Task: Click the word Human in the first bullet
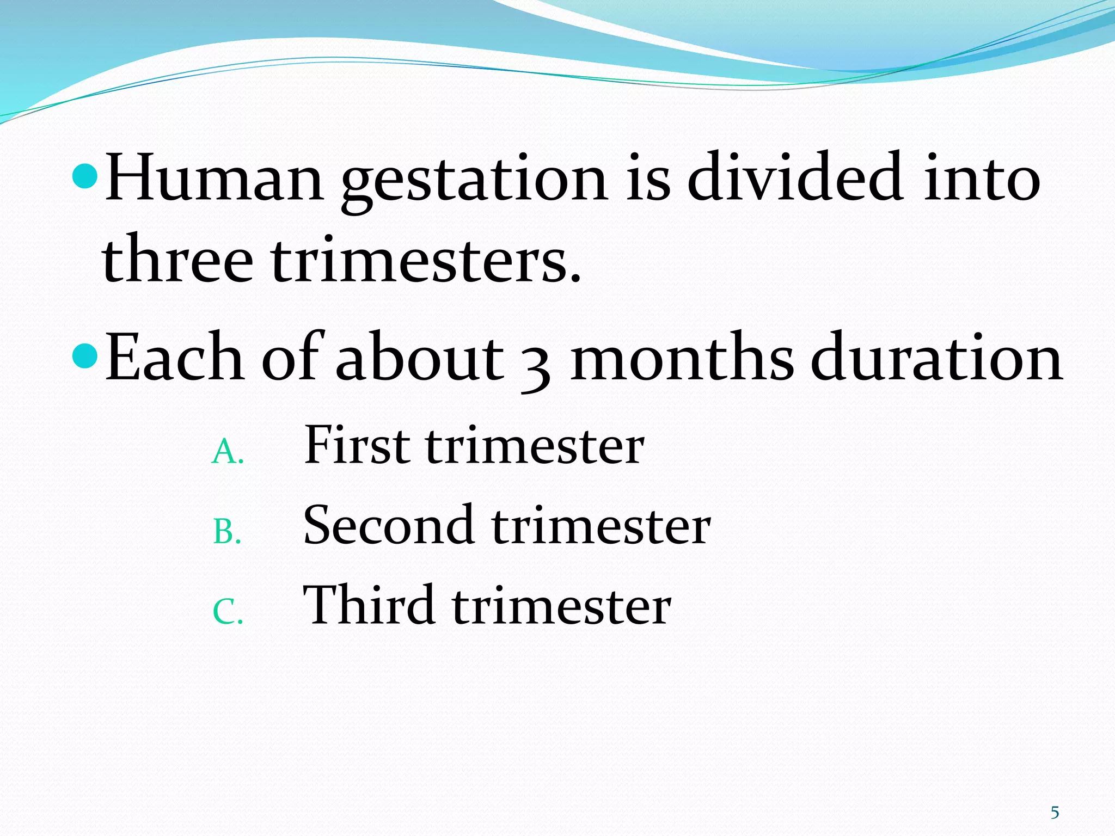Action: click(215, 178)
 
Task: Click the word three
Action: click(177, 258)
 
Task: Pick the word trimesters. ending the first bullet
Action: click(426, 258)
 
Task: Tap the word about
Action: click(419, 356)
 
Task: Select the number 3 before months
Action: click(535, 365)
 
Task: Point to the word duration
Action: click(936, 356)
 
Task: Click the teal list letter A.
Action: click(225, 452)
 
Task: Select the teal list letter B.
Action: click(225, 532)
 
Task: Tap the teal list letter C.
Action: click(225, 612)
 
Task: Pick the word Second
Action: click(388, 525)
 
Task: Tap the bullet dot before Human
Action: click(84, 177)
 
